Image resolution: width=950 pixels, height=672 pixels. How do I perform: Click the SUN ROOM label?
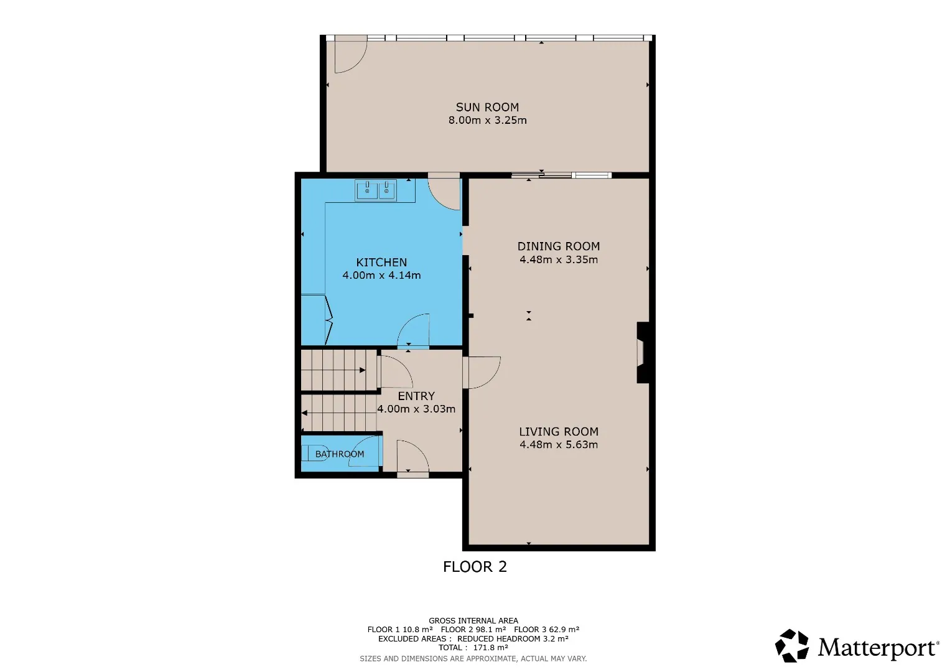[487, 107]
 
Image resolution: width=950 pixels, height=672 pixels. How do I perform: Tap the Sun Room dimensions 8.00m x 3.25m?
[487, 121]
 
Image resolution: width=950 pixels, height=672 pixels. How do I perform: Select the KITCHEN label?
[381, 263]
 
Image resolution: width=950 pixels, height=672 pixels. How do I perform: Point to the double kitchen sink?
[376, 190]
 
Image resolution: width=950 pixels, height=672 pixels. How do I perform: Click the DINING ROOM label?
[559, 246]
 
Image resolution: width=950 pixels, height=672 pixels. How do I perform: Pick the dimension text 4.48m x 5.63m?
[559, 445]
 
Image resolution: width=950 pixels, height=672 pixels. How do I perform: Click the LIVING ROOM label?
[559, 432]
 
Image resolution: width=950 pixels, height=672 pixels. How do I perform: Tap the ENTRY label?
[416, 396]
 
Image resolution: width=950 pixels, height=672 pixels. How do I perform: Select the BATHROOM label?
[339, 454]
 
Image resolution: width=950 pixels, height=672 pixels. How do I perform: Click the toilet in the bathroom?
[315, 453]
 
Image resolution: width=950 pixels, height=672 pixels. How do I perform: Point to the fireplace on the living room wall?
[643, 353]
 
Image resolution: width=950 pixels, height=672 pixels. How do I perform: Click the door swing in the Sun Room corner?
[351, 54]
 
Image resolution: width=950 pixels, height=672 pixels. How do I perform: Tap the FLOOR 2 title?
[475, 567]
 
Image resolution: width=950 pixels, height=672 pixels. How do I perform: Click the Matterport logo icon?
[791, 646]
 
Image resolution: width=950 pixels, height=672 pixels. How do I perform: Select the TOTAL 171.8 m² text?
[473, 647]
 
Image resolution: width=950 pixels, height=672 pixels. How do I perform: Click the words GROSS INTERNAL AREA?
[473, 621]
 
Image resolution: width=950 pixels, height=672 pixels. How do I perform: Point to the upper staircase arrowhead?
[363, 370]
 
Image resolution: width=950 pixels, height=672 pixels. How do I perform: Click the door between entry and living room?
[482, 373]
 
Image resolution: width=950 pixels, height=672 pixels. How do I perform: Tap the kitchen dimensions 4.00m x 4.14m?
[381, 275]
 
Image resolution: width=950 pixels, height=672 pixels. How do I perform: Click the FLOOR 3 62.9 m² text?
[547, 630]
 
